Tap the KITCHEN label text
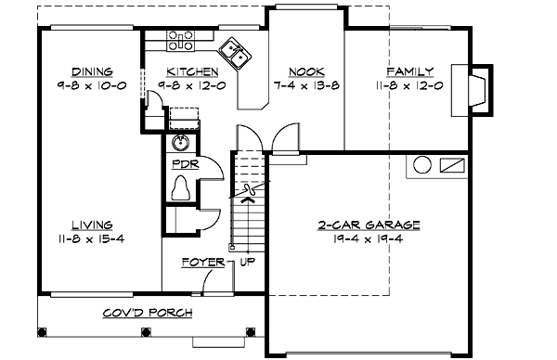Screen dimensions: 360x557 click(192, 71)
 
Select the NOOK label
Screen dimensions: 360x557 click(305, 71)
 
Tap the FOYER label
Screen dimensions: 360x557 click(202, 263)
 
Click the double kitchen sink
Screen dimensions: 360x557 click(234, 54)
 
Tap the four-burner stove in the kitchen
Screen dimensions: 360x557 click(180, 40)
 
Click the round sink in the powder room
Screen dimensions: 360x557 click(182, 144)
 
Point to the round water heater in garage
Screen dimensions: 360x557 click(421, 166)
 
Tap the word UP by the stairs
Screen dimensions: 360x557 click(248, 263)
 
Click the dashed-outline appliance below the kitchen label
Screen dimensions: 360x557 click(186, 116)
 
